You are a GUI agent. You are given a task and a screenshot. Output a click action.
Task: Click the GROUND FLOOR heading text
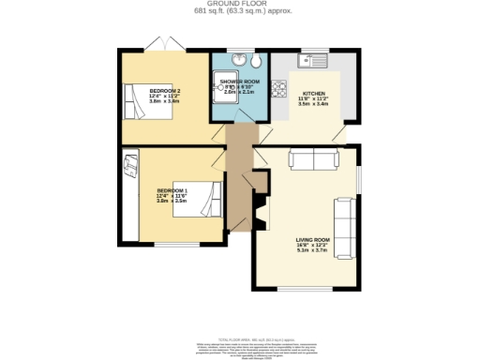(239, 5)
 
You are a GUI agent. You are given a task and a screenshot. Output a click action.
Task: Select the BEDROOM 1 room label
(172, 191)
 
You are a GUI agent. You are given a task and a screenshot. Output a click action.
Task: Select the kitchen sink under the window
(311, 62)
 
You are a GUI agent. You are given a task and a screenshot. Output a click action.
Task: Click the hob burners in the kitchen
(278, 90)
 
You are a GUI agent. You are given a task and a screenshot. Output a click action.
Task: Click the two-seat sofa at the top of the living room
(314, 159)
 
